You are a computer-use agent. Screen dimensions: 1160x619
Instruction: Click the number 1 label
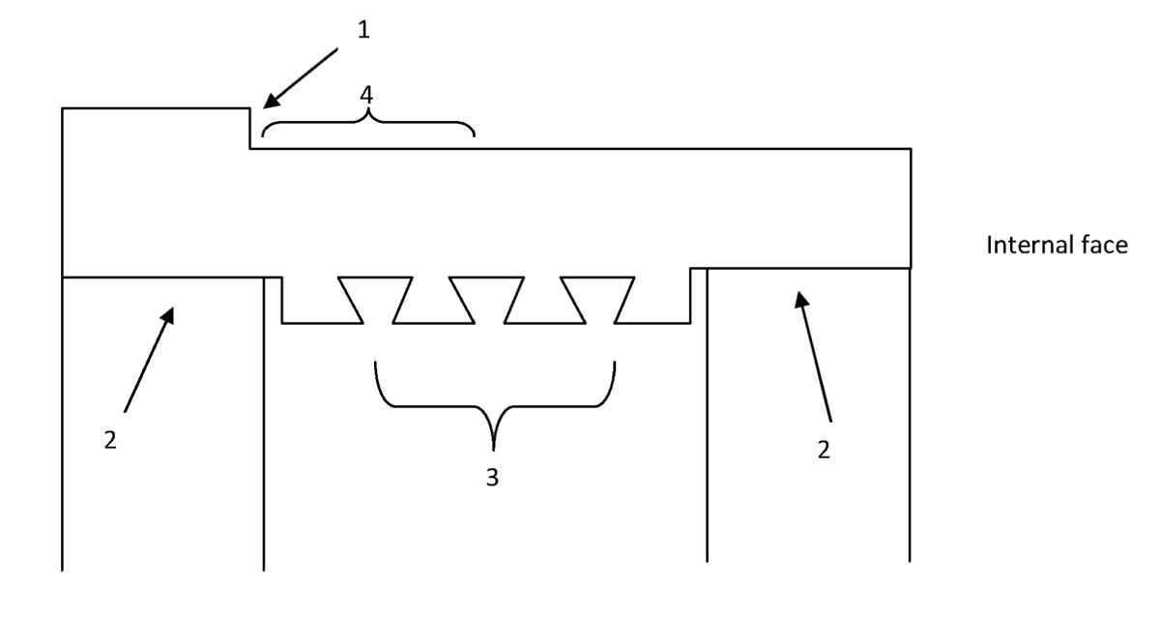click(x=363, y=30)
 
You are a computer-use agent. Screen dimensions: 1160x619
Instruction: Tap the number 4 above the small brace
click(x=366, y=95)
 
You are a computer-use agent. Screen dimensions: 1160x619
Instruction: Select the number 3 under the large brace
click(x=492, y=477)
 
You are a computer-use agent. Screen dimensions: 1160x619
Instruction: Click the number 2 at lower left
click(x=110, y=440)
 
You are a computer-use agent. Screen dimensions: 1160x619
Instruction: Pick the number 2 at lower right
click(x=824, y=449)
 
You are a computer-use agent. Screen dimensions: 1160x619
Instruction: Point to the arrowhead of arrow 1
click(x=271, y=100)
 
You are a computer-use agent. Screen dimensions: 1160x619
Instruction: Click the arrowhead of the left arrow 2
click(x=167, y=315)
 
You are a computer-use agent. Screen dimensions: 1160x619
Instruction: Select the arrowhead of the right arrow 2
click(x=801, y=300)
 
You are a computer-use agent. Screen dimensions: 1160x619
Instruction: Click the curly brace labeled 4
click(x=368, y=122)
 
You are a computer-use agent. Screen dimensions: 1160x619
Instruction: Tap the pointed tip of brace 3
click(x=494, y=450)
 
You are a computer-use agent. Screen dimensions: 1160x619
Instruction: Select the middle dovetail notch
click(x=487, y=300)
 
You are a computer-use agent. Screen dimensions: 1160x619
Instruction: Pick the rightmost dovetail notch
click(x=598, y=300)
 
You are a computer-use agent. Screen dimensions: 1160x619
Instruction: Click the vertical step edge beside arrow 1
click(x=250, y=129)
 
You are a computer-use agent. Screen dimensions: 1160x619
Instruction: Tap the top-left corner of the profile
click(x=62, y=108)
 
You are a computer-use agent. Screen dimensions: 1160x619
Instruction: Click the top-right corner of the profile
click(x=911, y=149)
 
